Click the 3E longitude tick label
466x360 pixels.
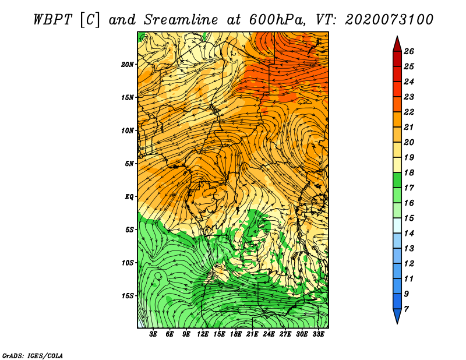click(x=154, y=334)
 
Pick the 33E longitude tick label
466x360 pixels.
click(x=318, y=334)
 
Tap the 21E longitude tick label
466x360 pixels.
click(x=252, y=334)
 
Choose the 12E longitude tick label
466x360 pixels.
click(x=203, y=334)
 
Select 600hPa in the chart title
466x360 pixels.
click(x=274, y=19)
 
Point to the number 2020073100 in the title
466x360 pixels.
click(x=389, y=19)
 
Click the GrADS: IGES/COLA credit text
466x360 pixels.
click(x=33, y=355)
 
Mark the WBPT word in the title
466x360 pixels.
click(x=52, y=19)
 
